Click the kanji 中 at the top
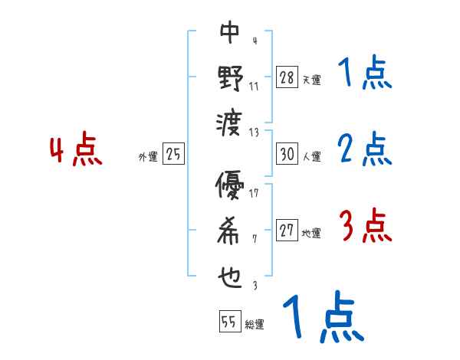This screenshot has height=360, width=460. pyautogui.click(x=230, y=32)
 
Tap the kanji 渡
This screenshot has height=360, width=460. pyautogui.click(x=230, y=122)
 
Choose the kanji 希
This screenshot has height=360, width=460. pyautogui.click(x=230, y=231)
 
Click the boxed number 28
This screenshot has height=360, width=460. pyautogui.click(x=286, y=77)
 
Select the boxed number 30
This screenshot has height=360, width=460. pyautogui.click(x=286, y=155)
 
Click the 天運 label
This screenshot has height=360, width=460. pyautogui.click(x=311, y=80)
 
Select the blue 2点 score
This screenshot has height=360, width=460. pyautogui.click(x=364, y=150)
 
